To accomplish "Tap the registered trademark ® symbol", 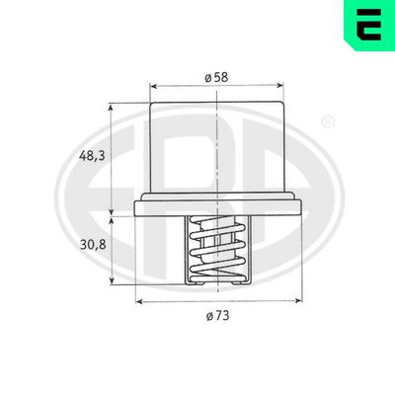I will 329,122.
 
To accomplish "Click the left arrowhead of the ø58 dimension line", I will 152,87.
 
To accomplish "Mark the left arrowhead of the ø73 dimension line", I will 137,300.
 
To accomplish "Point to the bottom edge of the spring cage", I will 214,283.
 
